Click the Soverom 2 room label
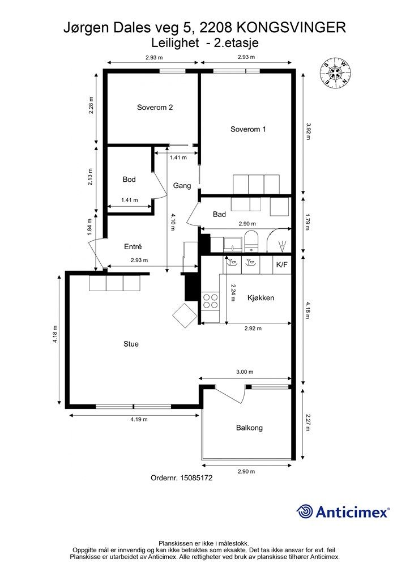tap(155, 107)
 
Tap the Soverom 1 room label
tap(248, 129)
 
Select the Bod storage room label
tap(129, 180)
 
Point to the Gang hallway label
tap(182, 186)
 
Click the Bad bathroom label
tap(219, 214)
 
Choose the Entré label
tap(133, 246)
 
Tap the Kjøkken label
tap(260, 298)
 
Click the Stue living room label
tap(131, 344)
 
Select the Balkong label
tap(249, 428)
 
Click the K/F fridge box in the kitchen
tap(281, 265)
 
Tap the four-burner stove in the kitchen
tap(210, 301)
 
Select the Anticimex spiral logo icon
tap(305, 512)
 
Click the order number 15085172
tap(196, 478)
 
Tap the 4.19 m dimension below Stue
tap(139, 420)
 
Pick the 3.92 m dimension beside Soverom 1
tap(308, 131)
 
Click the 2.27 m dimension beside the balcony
tap(308, 424)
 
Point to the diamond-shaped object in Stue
tap(185, 315)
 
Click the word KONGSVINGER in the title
tap(291, 28)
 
